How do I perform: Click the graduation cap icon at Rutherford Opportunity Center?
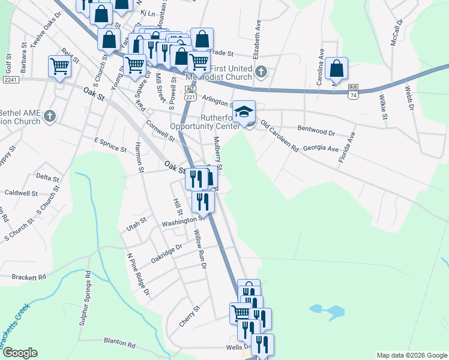point(244,112)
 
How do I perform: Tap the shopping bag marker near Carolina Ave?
point(337,69)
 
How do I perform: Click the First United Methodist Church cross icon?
point(261,73)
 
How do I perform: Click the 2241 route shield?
point(10,80)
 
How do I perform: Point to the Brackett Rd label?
point(29,277)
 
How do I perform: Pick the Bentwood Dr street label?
point(316,128)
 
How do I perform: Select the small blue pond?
point(327,310)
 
